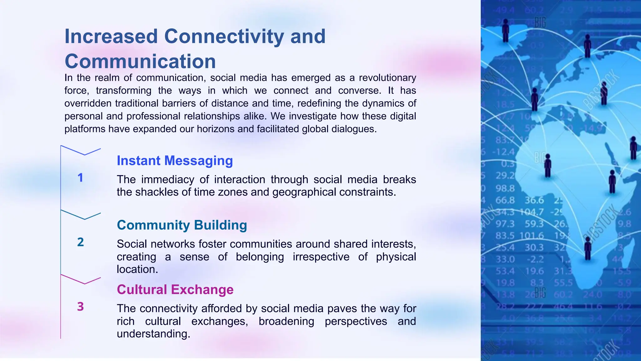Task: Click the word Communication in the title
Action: coord(140,61)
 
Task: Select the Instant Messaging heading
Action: coord(175,161)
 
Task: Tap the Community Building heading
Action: coord(182,225)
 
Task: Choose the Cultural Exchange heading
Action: coord(175,290)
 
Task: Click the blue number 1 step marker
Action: coord(80,178)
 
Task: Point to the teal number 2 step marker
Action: coord(80,242)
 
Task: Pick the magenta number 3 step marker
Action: coord(80,306)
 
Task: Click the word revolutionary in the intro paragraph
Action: coord(387,78)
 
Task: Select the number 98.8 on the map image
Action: coord(505,188)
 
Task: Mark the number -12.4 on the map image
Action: coord(504,152)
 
